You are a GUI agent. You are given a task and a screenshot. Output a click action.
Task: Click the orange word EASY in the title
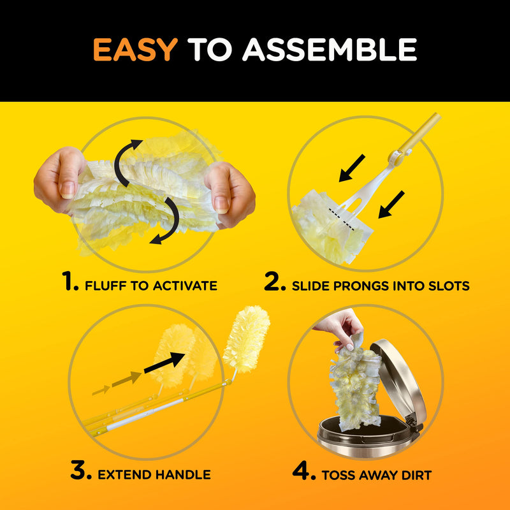click(135, 49)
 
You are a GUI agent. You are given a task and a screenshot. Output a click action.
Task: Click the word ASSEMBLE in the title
click(330, 49)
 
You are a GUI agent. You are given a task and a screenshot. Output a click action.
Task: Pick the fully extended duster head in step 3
click(247, 338)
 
